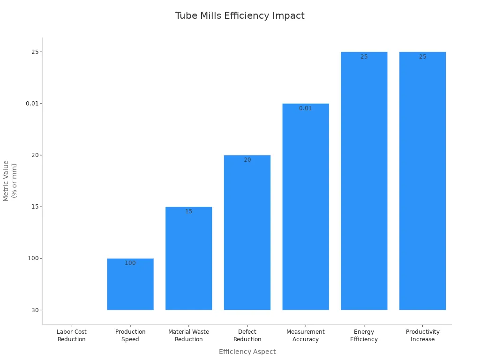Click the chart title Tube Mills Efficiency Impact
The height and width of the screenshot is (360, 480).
click(x=240, y=16)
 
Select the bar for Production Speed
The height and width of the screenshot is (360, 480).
click(x=130, y=286)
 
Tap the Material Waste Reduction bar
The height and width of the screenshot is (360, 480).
click(x=188, y=260)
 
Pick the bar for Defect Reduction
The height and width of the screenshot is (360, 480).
click(x=247, y=234)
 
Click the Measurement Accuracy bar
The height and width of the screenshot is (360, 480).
click(x=306, y=209)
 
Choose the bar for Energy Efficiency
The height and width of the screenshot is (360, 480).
click(x=364, y=183)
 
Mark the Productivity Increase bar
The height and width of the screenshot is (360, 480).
click(x=422, y=183)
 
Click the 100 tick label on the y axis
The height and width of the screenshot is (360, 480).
click(x=34, y=258)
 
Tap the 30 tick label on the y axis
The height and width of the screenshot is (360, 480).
click(x=35, y=310)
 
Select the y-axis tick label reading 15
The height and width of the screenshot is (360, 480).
click(x=35, y=207)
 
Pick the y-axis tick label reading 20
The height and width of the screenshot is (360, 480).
click(x=35, y=155)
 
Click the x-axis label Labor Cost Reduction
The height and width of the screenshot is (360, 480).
click(x=72, y=336)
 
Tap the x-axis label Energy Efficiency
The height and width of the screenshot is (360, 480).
click(x=364, y=336)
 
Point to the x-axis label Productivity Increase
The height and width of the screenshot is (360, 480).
click(x=422, y=336)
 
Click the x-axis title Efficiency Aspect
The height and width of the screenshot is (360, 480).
click(x=247, y=352)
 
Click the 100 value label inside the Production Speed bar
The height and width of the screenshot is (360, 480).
click(x=130, y=263)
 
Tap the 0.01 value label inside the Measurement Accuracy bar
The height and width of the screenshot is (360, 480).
click(x=306, y=108)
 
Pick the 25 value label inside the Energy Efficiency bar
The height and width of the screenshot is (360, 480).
click(x=364, y=57)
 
